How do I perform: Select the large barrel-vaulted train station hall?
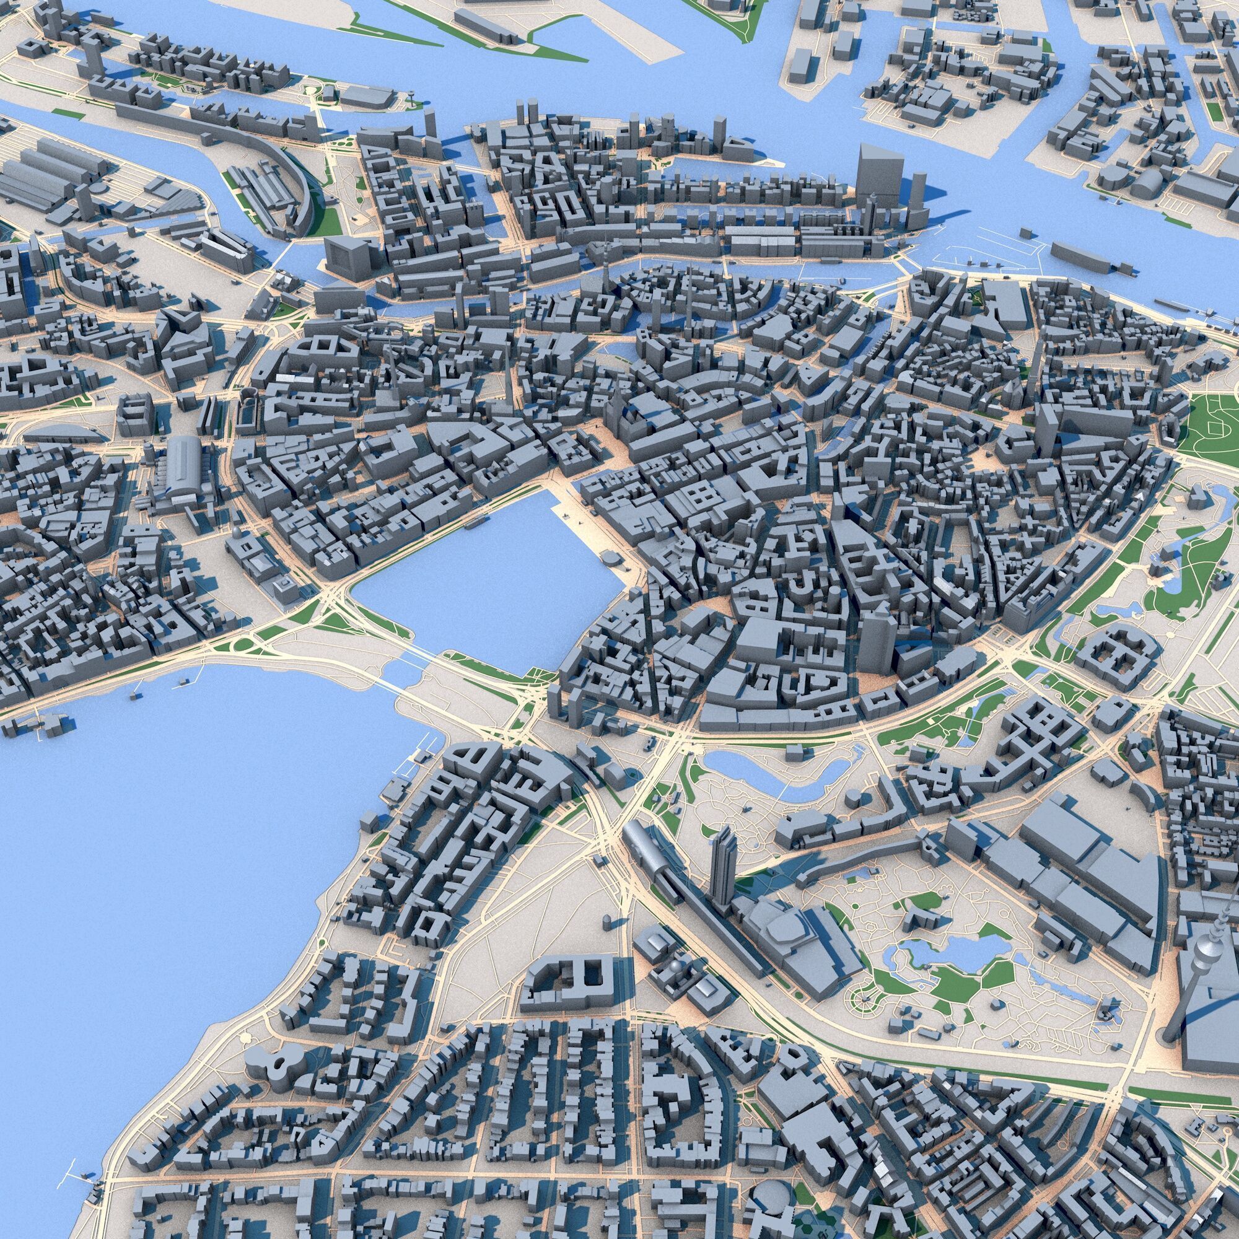pos(184,467)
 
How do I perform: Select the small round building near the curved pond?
pos(852,798)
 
